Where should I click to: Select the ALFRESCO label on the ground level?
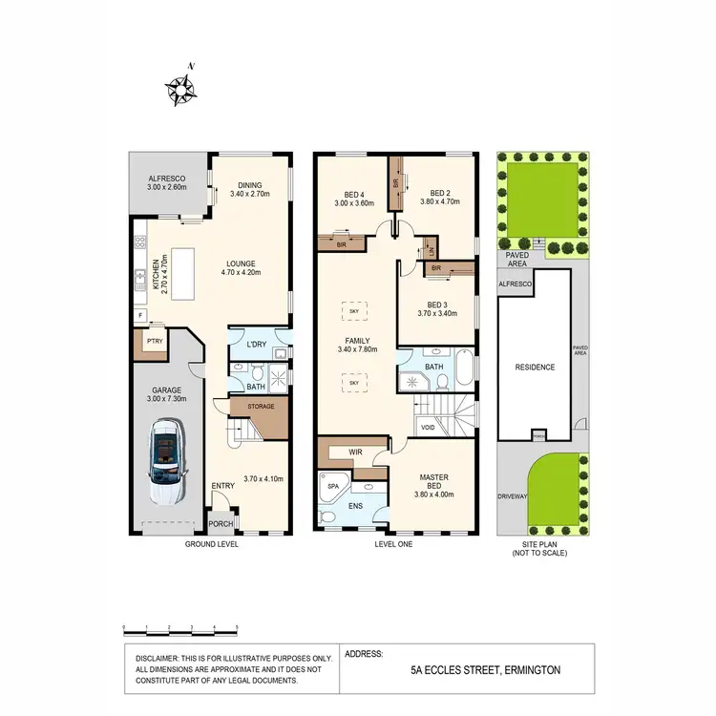pos(165,179)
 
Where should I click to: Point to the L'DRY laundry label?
pos(256,344)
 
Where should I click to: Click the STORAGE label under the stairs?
pos(260,407)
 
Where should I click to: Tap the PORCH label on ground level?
pos(221,524)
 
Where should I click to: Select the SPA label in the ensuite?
pos(333,486)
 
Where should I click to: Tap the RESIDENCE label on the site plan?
pos(535,367)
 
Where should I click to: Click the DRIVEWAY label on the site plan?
pos(512,497)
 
